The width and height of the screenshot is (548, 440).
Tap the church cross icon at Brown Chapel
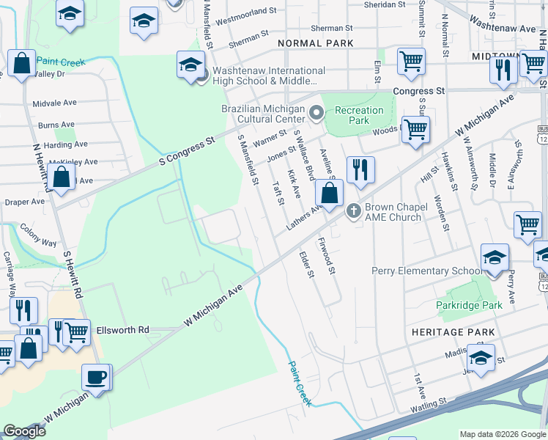354,211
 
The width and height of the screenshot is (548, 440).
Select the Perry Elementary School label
426,271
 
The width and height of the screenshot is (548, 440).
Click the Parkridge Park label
469,304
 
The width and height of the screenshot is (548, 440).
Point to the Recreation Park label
359,115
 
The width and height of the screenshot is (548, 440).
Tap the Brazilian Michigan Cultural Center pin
316,113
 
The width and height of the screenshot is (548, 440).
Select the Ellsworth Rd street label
122,330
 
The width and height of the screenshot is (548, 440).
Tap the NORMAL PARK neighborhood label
316,43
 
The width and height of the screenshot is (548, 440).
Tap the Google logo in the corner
24,431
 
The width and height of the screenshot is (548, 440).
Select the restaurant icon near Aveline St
360,170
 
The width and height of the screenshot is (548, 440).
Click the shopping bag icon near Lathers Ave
330,193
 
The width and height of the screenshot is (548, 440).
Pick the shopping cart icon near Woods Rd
415,130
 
